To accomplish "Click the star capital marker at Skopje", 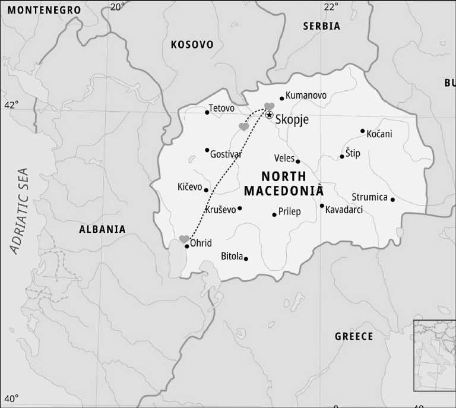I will [269, 115].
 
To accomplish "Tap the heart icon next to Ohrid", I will [184, 239].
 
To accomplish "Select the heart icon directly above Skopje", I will [269, 106].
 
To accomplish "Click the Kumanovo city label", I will [306, 95].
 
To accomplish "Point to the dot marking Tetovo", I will [207, 112].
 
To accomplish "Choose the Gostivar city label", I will [226, 154].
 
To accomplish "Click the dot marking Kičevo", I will [206, 190].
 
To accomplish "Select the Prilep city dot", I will [274, 214].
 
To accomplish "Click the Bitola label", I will [232, 257].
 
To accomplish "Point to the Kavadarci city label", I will [344, 210].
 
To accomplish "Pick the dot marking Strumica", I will [392, 200].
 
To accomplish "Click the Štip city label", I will [353, 154].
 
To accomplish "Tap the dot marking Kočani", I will [362, 131].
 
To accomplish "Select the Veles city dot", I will [297, 161].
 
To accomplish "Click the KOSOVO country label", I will [192, 45].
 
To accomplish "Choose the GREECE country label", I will [354, 336].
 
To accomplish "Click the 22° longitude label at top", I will [331, 7].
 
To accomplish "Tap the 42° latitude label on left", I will [11, 105].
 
